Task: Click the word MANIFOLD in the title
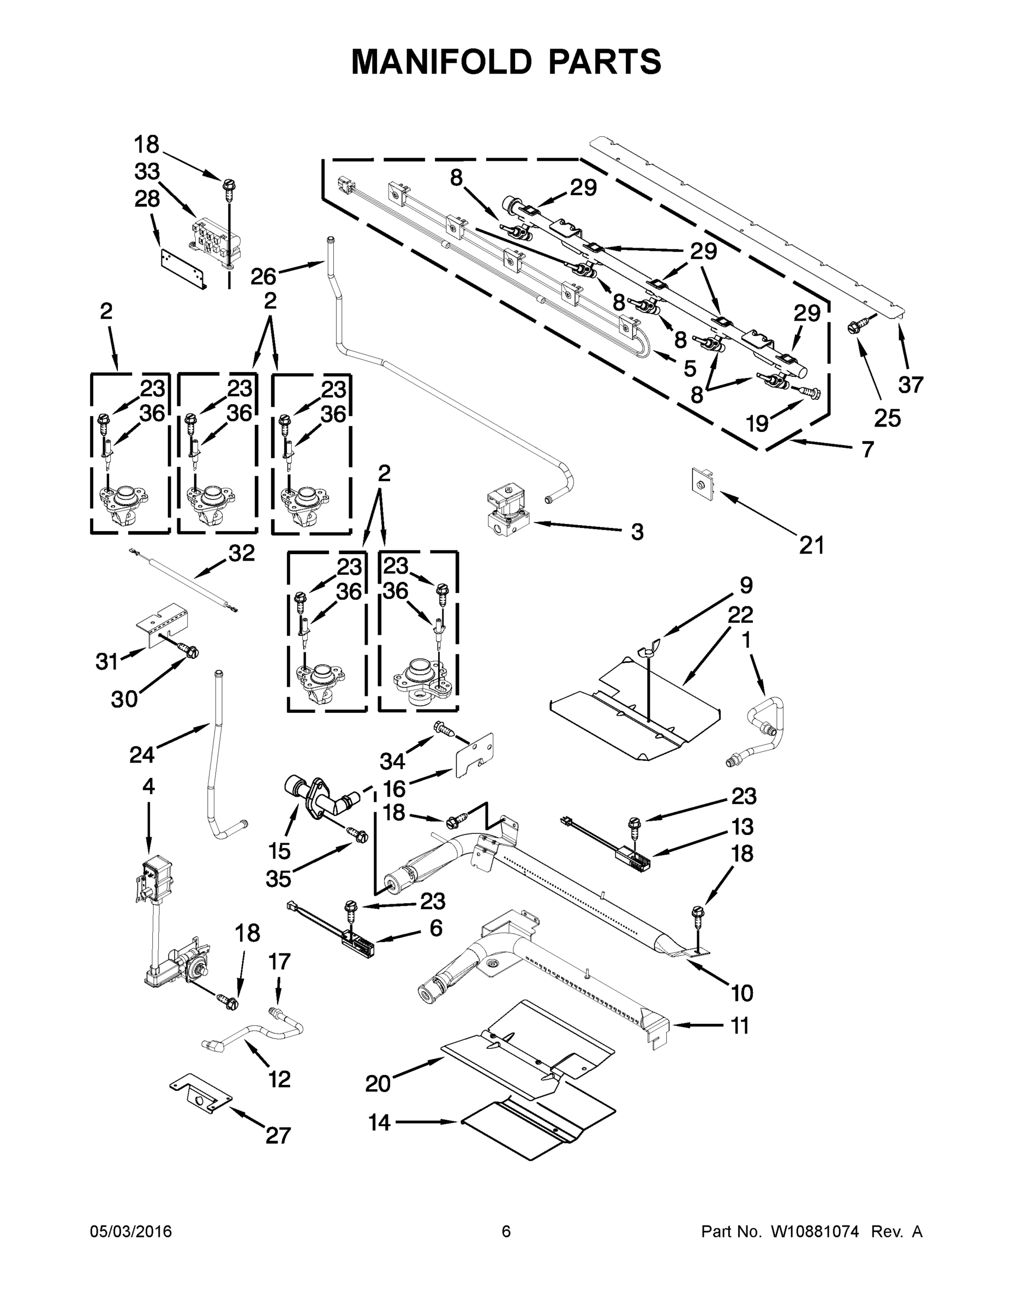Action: tap(441, 62)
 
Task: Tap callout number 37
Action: tap(910, 384)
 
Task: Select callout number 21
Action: tap(811, 545)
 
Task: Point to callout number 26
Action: tap(263, 277)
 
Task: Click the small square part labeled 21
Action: tap(702, 484)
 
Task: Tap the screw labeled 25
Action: tap(854, 327)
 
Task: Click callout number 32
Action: tap(242, 553)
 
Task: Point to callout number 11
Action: tap(740, 1026)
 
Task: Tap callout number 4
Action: tap(148, 786)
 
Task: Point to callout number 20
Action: tap(378, 1084)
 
